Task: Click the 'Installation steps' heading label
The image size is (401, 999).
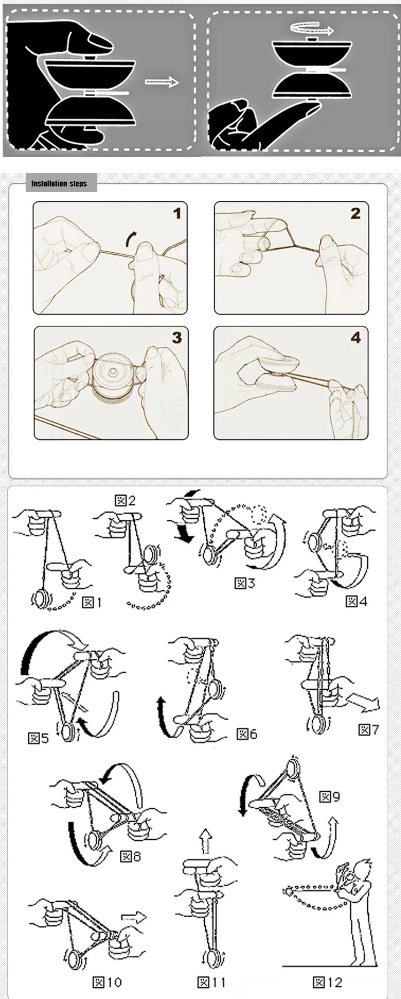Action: (x=59, y=184)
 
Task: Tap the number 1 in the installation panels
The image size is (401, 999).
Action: (x=177, y=214)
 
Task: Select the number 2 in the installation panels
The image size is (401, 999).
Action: (x=356, y=214)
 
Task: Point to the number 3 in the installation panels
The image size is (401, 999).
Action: (x=176, y=338)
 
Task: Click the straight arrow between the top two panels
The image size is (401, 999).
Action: (x=161, y=82)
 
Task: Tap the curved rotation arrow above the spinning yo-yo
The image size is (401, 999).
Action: (x=311, y=28)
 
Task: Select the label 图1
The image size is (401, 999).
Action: (x=91, y=603)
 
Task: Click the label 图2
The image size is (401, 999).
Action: (x=126, y=501)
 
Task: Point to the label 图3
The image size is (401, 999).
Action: (x=245, y=582)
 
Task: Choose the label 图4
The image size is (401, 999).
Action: (x=357, y=602)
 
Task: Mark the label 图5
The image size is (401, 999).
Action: (x=38, y=738)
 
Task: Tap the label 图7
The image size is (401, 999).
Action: (x=368, y=729)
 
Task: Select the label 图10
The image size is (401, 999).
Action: (x=107, y=981)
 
